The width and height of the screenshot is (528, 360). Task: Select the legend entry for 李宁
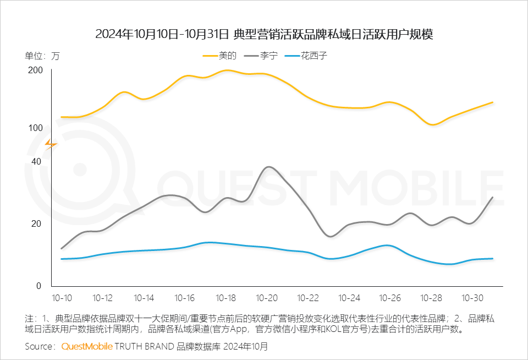[x=260, y=56]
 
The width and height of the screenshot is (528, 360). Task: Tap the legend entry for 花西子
[x=306, y=56]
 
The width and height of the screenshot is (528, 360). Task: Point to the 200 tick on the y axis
[x=35, y=70]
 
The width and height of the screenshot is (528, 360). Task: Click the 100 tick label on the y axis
[x=35, y=128]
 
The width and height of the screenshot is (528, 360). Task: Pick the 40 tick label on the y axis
[x=37, y=161]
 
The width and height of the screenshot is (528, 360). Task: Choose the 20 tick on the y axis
[x=37, y=224]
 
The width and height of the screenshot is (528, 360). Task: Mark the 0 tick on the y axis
[x=39, y=286]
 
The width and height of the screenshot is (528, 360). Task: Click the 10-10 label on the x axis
[x=62, y=298]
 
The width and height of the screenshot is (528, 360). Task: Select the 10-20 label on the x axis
[x=267, y=298]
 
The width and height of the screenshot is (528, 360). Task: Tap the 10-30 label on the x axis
[x=472, y=298]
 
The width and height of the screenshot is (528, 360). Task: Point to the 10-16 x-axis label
[x=185, y=298]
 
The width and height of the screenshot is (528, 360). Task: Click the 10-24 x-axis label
[x=349, y=298]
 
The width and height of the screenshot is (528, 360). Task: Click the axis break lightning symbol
[x=51, y=144]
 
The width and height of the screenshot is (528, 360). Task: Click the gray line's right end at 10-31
[x=493, y=197]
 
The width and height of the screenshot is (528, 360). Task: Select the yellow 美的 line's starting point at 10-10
[x=62, y=117]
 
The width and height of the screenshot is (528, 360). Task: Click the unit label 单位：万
[x=42, y=56]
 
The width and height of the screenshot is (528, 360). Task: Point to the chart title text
[x=264, y=34]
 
